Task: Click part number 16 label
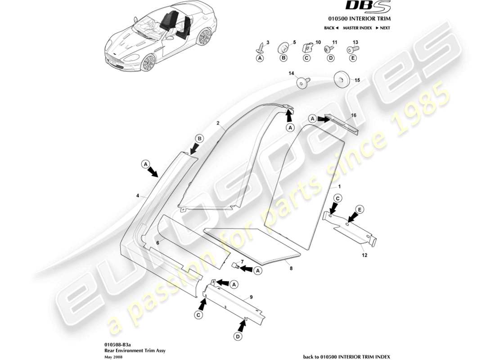(354, 116)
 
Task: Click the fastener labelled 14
(302, 83)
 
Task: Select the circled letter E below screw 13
(353, 58)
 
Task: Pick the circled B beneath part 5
(283, 58)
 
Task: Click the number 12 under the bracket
(364, 255)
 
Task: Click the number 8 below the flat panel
(291, 269)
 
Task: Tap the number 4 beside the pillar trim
(138, 196)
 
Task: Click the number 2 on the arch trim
(217, 122)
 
